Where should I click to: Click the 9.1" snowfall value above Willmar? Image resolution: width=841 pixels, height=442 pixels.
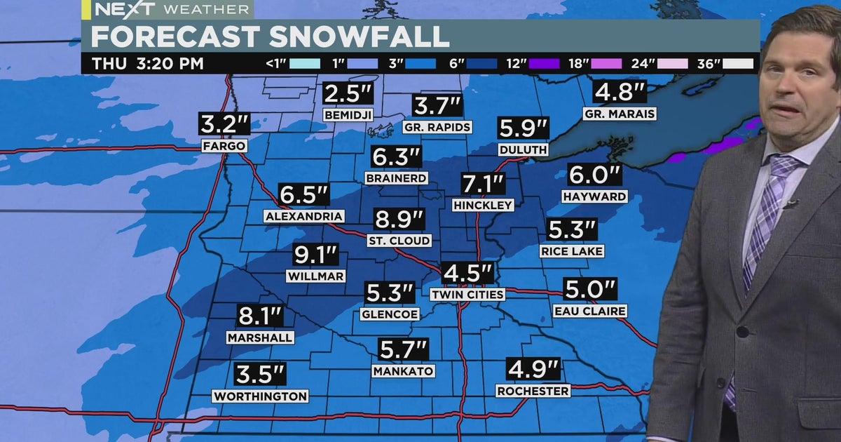(x=315, y=255)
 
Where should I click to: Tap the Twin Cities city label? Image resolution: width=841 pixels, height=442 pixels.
(x=467, y=295)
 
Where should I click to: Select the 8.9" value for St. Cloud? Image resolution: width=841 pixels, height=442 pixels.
(x=399, y=220)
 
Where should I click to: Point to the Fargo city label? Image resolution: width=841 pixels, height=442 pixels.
(x=224, y=147)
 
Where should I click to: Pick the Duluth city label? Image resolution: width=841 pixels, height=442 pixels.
(x=523, y=149)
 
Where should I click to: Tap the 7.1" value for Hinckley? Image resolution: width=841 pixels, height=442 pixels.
(x=484, y=185)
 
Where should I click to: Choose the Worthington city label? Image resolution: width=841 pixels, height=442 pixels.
(x=261, y=396)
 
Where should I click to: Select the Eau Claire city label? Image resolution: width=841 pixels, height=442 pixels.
(x=589, y=311)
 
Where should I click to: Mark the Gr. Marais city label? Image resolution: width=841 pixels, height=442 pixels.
(x=619, y=114)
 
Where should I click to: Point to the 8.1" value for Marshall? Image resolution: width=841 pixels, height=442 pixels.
(x=259, y=316)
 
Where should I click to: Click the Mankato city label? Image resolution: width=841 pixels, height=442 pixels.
(x=403, y=370)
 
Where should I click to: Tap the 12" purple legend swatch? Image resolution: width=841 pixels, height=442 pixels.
(x=544, y=64)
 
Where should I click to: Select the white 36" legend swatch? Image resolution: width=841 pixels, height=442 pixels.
(x=739, y=64)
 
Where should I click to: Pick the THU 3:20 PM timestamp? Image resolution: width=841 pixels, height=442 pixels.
(x=148, y=64)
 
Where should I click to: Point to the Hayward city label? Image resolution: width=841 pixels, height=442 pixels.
(x=594, y=197)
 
